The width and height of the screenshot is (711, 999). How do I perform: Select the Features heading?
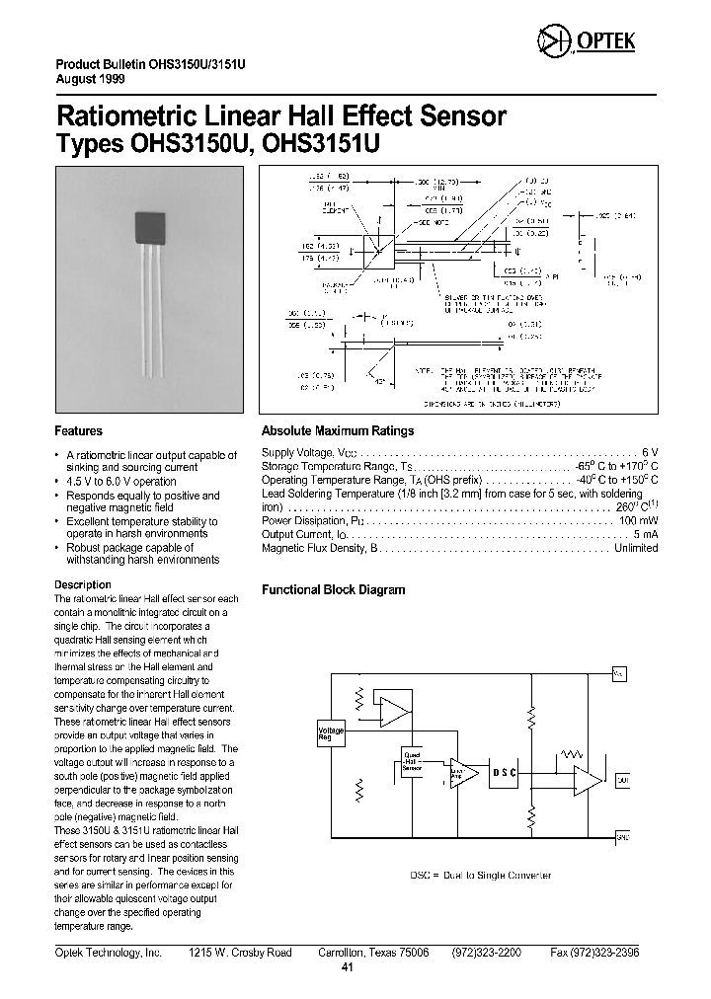(x=78, y=431)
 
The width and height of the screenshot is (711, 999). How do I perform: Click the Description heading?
(x=82, y=584)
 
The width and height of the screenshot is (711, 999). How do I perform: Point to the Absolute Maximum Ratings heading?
(x=337, y=431)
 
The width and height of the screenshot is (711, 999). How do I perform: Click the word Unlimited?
(x=635, y=548)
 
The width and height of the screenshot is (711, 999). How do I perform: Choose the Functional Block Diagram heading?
(x=333, y=590)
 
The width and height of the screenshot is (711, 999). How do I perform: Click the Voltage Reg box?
(x=330, y=733)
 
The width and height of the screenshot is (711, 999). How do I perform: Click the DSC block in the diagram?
(x=505, y=771)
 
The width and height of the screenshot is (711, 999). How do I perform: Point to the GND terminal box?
(x=621, y=838)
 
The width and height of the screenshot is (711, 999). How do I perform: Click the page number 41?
(x=347, y=967)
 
